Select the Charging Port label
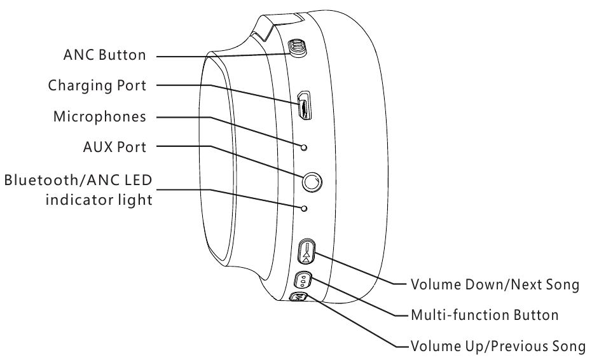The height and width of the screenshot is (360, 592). [97, 87]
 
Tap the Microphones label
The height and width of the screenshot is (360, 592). [102, 118]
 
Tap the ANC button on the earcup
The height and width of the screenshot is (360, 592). [296, 47]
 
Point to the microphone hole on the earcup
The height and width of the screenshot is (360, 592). [304, 148]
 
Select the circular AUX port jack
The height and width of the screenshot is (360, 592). [312, 183]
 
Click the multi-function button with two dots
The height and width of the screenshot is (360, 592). [303, 280]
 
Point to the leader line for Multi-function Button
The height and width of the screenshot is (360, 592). [356, 299]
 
